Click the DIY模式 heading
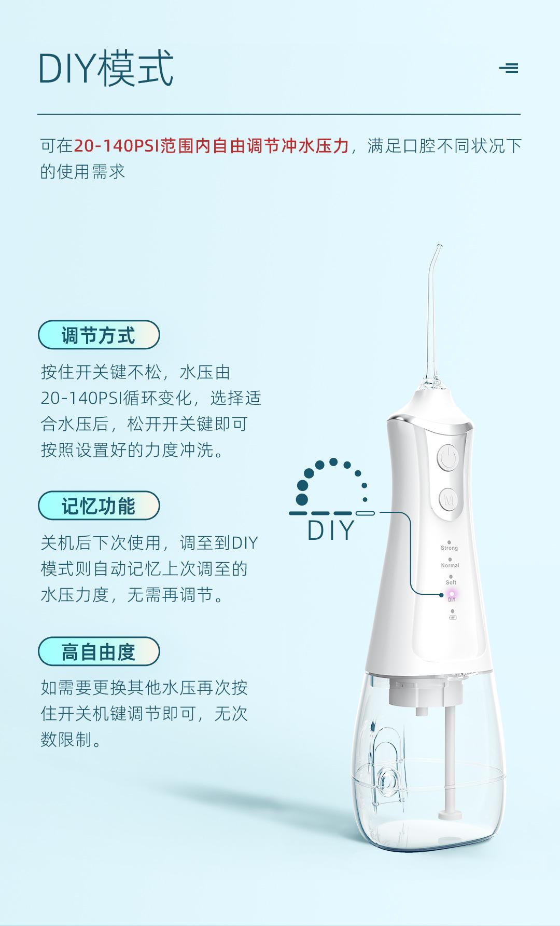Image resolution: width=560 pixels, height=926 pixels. [106, 69]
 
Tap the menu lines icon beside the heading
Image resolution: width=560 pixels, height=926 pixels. [509, 68]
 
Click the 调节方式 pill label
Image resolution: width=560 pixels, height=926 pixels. [99, 335]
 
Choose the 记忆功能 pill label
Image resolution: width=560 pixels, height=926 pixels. [99, 506]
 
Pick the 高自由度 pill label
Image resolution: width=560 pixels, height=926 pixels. [99, 651]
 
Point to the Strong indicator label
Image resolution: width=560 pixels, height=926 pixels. [449, 548]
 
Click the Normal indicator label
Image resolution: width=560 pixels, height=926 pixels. [450, 565]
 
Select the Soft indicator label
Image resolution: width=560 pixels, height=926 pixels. [451, 582]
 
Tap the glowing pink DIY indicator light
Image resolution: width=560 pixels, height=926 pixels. [451, 594]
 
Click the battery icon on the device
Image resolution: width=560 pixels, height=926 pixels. [452, 617]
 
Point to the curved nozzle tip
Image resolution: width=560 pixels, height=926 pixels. [439, 246]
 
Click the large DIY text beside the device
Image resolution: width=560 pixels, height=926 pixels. [331, 530]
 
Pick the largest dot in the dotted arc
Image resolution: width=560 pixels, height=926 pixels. [302, 499]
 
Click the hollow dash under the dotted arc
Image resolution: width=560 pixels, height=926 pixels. [366, 513]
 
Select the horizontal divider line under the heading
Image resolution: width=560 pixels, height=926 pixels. [279, 114]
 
